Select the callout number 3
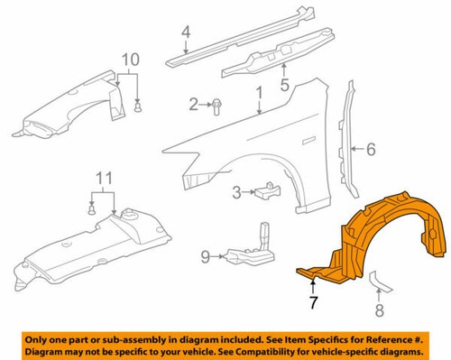235,191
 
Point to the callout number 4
185,36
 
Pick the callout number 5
284,88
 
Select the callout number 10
132,60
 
